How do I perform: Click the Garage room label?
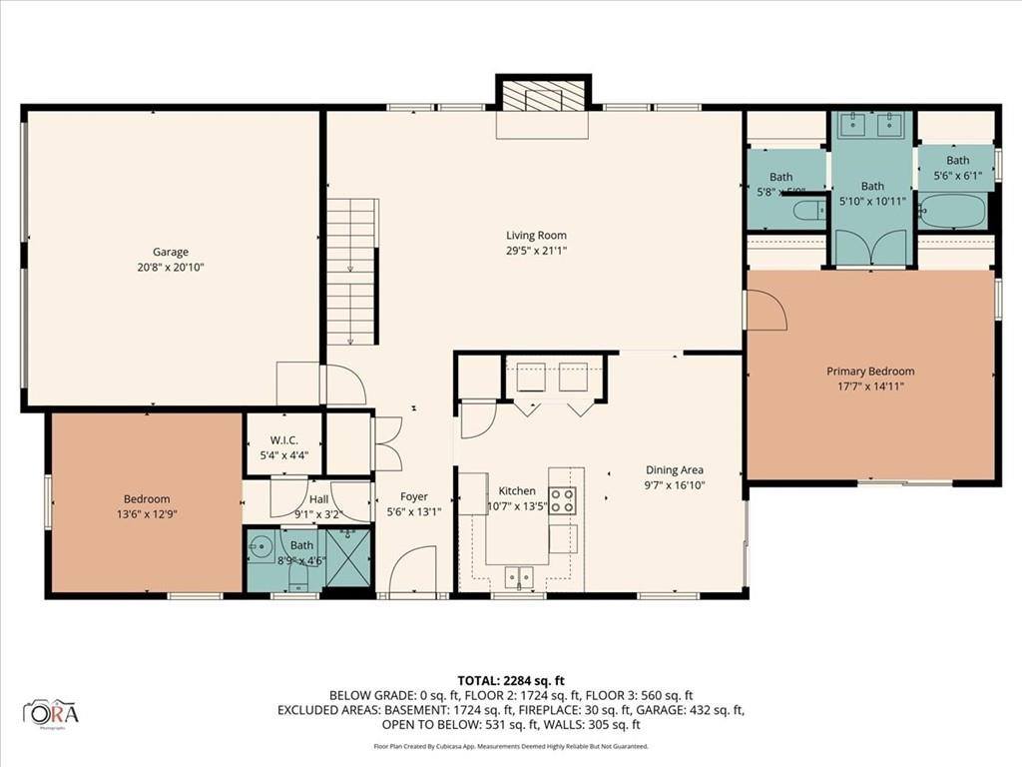click(x=171, y=252)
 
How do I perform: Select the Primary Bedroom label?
click(x=870, y=372)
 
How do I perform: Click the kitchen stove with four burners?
click(x=563, y=500)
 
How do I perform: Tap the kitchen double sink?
click(x=518, y=575)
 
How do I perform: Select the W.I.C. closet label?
click(x=284, y=440)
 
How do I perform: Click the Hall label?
click(x=318, y=500)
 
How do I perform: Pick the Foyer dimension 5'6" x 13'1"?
click(x=414, y=510)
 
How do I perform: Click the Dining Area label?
click(x=676, y=469)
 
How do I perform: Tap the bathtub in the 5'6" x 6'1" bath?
click(x=951, y=212)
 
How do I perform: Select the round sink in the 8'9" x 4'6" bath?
click(x=261, y=547)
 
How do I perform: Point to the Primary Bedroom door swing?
click(x=766, y=311)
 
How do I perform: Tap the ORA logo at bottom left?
click(x=51, y=713)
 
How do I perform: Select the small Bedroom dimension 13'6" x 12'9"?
click(x=147, y=514)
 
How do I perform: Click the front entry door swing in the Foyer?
click(x=411, y=571)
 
